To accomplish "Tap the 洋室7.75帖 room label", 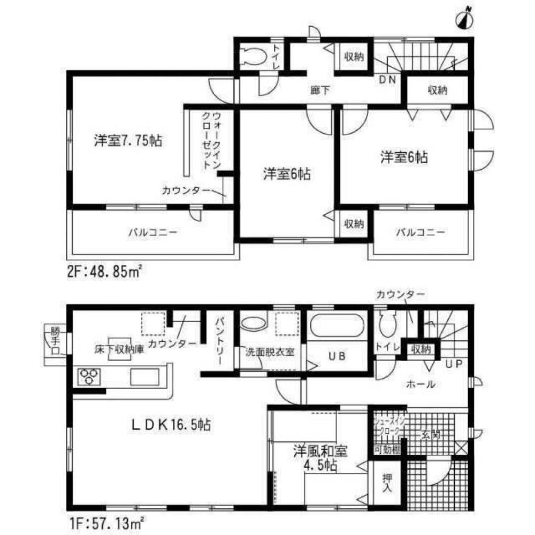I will (128, 141).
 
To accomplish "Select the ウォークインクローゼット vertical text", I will (210, 140).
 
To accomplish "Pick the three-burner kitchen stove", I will (88, 376).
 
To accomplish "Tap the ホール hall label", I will (421, 384).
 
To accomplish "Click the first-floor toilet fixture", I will (386, 324).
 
